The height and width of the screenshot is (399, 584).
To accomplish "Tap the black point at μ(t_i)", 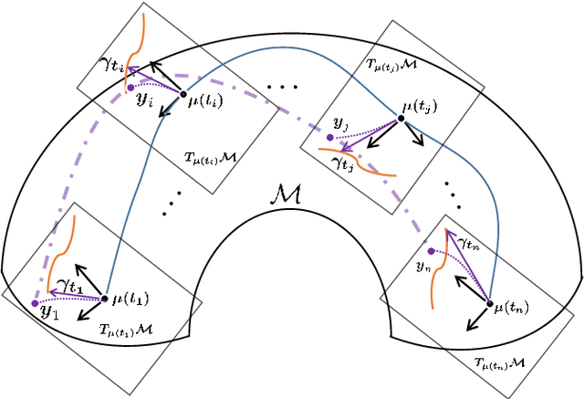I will point(182,93).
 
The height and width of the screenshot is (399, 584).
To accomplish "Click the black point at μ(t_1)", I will point(105,298).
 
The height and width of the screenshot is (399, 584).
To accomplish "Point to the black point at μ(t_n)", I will point(490,302).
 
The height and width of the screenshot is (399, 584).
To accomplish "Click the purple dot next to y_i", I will point(130,88).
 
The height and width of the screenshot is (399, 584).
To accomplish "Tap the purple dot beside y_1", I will point(35,302).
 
